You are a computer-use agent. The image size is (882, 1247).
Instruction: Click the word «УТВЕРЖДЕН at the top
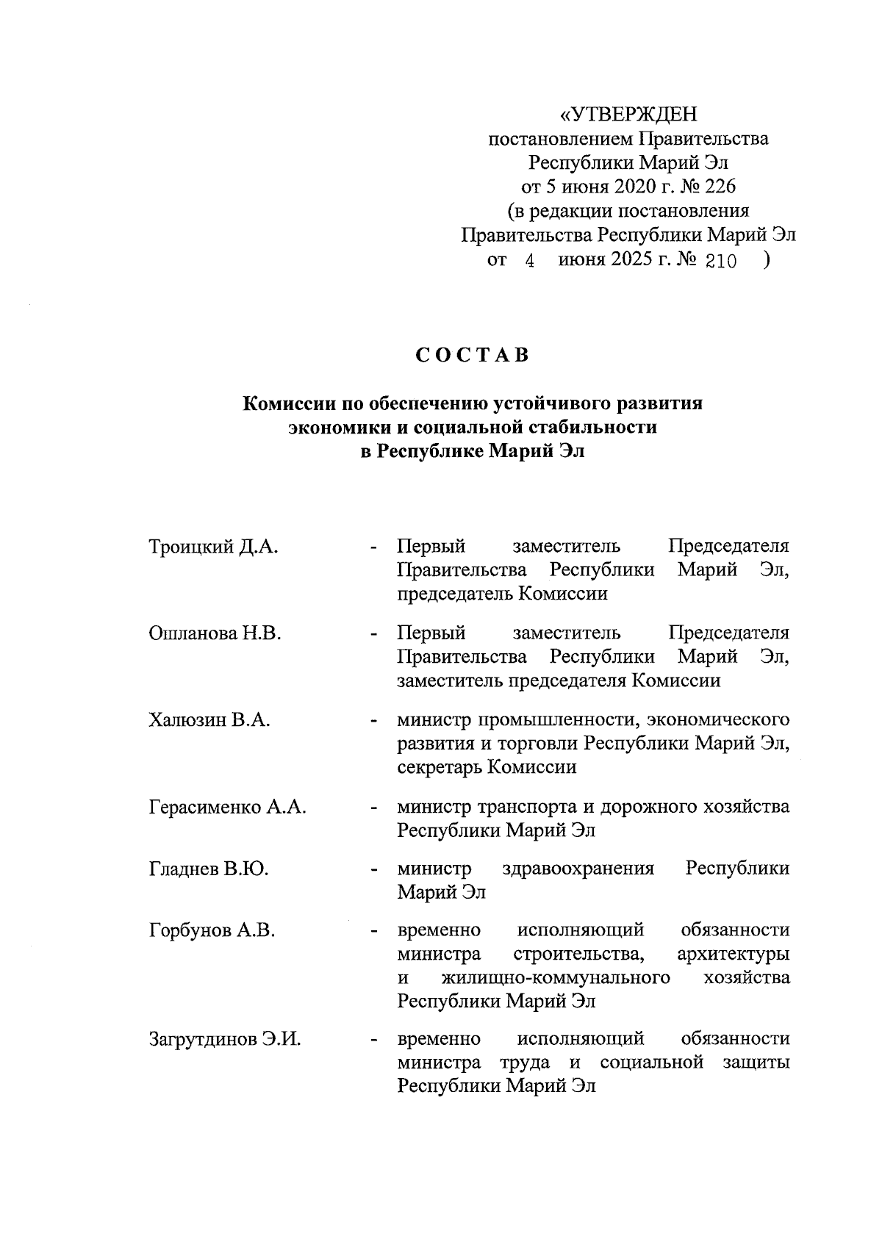(628, 115)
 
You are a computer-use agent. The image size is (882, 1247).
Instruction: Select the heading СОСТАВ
(472, 355)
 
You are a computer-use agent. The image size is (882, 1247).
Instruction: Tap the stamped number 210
(720, 262)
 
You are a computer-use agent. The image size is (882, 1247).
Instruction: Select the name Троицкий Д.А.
(214, 547)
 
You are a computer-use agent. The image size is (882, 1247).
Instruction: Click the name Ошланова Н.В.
(215, 633)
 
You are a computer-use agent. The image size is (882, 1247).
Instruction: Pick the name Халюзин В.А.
(209, 720)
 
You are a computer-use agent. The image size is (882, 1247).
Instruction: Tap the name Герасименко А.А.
(227, 807)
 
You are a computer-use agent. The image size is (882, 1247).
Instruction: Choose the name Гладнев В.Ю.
(209, 869)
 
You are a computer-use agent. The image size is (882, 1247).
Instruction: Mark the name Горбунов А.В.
(212, 931)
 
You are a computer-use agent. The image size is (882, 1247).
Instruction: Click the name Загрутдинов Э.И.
(225, 1039)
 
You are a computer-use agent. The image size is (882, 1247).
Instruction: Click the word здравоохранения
(578, 869)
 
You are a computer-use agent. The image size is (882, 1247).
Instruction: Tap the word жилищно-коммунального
(556, 978)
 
